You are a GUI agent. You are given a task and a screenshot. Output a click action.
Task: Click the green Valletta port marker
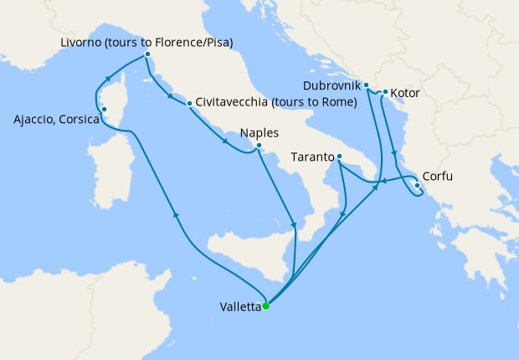tap(265, 306)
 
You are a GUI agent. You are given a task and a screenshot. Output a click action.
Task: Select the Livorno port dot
tap(147, 54)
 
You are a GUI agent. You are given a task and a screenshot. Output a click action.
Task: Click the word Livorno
tap(83, 42)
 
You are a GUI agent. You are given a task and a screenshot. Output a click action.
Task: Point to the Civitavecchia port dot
tap(190, 104)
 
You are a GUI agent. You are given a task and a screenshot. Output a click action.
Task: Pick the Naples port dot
tap(259, 146)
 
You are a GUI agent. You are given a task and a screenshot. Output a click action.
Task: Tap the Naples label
tap(259, 132)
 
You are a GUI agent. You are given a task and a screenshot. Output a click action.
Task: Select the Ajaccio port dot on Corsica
tap(104, 109)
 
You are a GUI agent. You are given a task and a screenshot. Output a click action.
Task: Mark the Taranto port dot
tap(339, 157)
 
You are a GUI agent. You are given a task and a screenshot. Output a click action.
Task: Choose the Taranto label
tap(313, 157)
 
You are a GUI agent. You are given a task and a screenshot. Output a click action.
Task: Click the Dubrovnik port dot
tap(367, 85)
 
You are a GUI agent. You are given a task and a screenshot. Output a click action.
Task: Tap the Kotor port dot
tap(385, 92)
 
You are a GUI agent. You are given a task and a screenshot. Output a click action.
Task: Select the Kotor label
tap(406, 92)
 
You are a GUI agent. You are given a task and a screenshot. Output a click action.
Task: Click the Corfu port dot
tap(417, 185)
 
